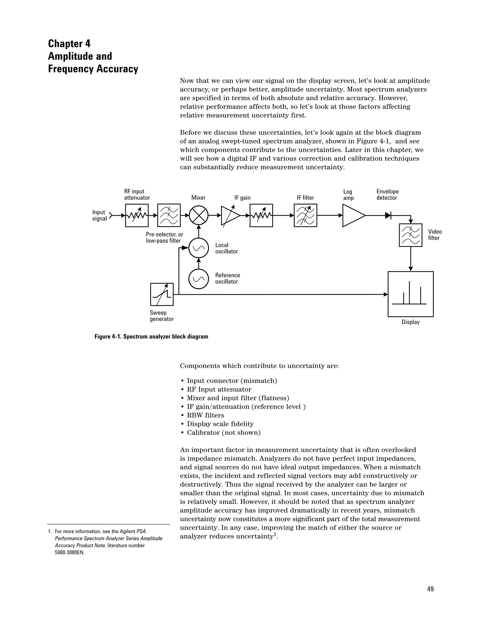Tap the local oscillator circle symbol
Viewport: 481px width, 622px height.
[199, 248]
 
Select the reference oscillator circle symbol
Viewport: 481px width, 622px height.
[199, 279]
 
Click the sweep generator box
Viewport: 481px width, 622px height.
[162, 294]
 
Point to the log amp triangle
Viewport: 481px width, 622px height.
[352, 216]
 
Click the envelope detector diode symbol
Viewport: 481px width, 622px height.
[388, 216]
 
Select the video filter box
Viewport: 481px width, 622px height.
[410, 235]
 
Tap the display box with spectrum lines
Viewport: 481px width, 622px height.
[410, 294]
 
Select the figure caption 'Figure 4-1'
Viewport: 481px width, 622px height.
[151, 337]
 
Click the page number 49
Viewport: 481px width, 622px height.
[430, 589]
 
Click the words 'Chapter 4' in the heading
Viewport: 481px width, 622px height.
[69, 44]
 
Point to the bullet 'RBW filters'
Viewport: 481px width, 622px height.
[205, 415]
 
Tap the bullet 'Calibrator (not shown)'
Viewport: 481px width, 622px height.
[223, 433]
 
